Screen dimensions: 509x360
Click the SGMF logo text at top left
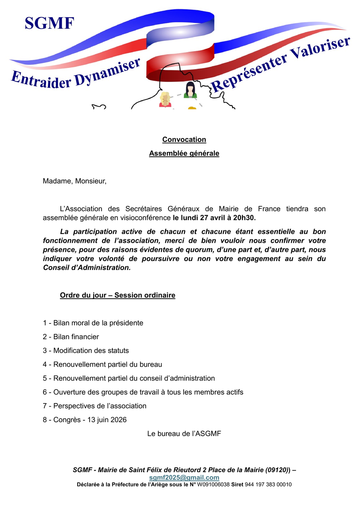coord(49,23)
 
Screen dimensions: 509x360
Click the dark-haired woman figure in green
coord(190,90)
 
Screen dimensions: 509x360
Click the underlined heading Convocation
coord(184,140)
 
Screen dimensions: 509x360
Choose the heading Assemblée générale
coord(184,153)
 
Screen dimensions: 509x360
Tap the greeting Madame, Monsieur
coord(75,181)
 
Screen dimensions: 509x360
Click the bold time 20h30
coord(244,218)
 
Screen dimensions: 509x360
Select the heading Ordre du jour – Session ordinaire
coord(118,295)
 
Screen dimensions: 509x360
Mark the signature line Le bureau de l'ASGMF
coord(184,433)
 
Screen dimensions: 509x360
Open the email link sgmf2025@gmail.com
coord(184,477)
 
